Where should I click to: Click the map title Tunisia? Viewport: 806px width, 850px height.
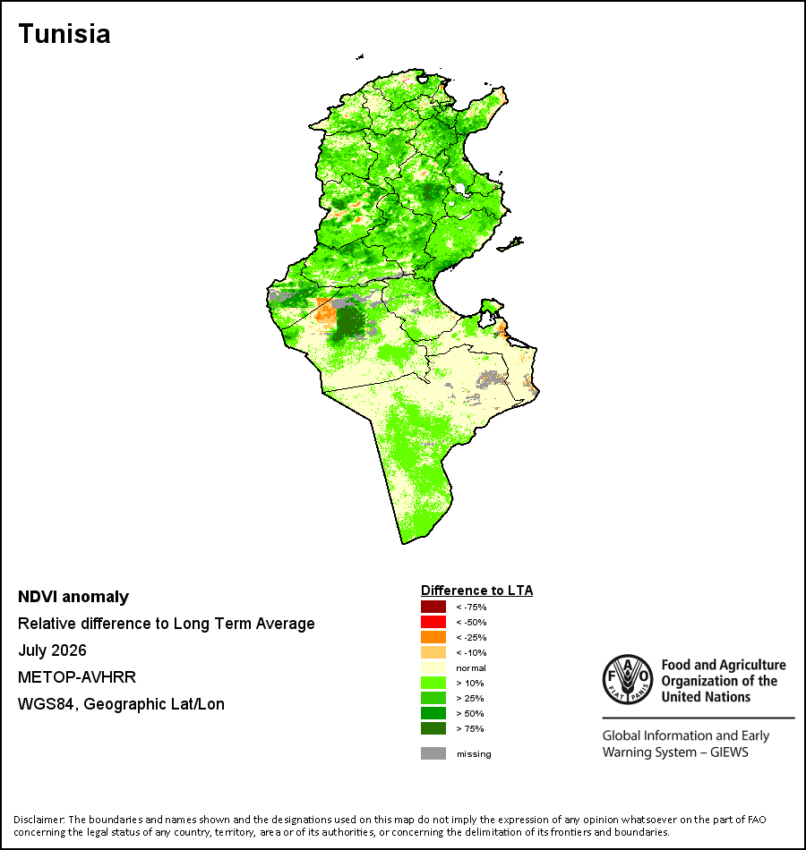coord(64,34)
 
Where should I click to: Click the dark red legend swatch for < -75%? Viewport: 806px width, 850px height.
coord(433,607)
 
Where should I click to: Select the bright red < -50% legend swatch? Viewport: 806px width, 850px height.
coord(433,622)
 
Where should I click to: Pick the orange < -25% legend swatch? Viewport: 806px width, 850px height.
coord(433,637)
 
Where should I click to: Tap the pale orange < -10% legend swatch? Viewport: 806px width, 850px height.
coord(433,652)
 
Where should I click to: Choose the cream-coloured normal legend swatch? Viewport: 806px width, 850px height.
coord(433,667)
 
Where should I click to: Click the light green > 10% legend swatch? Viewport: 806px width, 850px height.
coord(433,683)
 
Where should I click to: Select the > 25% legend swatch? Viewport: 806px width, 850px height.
coord(433,698)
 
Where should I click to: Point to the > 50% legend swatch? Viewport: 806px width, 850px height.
coord(433,713)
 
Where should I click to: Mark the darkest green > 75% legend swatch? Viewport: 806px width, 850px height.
coord(433,728)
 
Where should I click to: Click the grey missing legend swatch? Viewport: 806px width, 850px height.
coord(433,753)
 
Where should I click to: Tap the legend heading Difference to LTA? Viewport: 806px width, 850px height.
coord(476,591)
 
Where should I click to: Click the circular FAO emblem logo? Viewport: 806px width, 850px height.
coord(628,679)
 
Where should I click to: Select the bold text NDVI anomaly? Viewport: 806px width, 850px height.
coord(73,597)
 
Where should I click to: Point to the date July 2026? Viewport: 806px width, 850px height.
coord(52,650)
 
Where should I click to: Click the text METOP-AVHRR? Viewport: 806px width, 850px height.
coord(77,677)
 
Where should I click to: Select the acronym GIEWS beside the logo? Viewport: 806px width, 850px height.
coord(729,752)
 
